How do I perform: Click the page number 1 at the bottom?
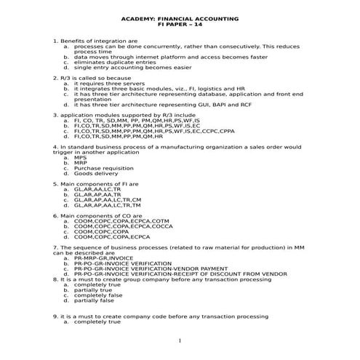179,340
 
